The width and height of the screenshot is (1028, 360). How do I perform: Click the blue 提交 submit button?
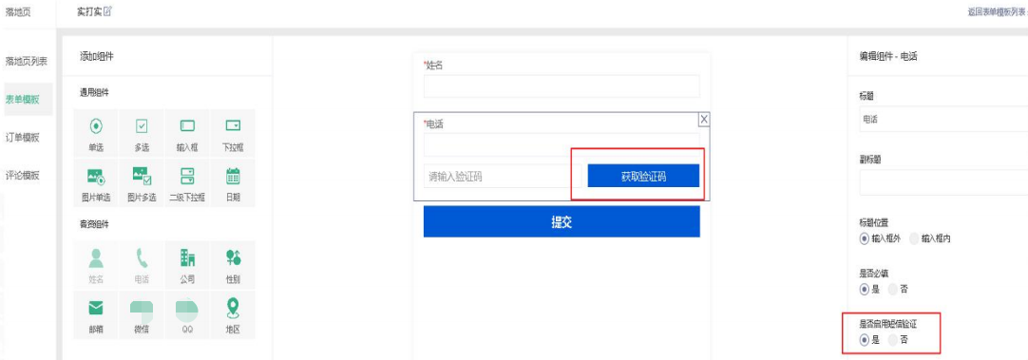561,221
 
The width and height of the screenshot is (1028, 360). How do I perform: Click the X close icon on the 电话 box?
703,119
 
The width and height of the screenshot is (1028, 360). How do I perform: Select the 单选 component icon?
96,126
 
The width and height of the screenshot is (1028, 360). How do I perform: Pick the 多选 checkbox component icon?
142,126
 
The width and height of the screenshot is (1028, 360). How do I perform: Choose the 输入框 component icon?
187,126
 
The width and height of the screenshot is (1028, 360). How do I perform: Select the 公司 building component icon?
187,256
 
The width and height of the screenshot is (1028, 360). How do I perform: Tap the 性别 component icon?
233,256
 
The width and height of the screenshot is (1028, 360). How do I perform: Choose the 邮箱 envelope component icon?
96,307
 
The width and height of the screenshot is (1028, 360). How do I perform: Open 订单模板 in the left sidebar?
23,137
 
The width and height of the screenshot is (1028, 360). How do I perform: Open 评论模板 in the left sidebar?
23,175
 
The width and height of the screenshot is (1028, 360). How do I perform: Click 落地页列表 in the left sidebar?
26,62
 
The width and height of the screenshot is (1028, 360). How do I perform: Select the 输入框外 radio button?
864,238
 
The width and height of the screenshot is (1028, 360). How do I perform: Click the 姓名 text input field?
561,86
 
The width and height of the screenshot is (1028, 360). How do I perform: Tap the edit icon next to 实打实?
107,10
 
